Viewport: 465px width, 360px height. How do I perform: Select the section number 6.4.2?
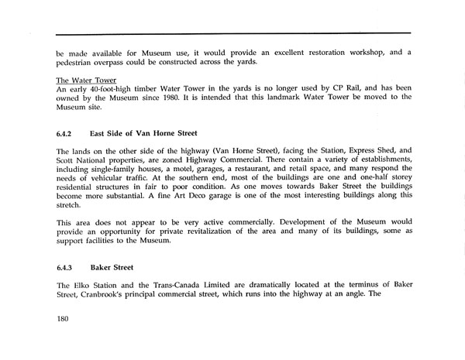click(64, 135)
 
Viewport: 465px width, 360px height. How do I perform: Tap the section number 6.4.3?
click(64, 268)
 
